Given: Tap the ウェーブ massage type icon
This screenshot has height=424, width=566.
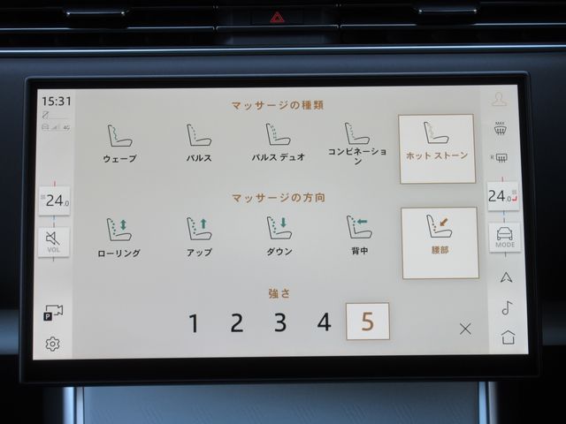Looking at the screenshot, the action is pyautogui.click(x=120, y=136).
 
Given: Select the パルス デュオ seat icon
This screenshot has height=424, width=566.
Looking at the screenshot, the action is pyautogui.click(x=278, y=134).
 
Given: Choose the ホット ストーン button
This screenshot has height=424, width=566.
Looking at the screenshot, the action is pyautogui.click(x=437, y=148).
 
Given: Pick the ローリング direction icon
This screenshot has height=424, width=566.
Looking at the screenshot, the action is pyautogui.click(x=119, y=230).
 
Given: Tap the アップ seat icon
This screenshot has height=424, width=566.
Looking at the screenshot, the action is pyautogui.click(x=199, y=229).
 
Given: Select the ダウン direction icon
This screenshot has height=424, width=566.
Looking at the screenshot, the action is pyautogui.click(x=279, y=228).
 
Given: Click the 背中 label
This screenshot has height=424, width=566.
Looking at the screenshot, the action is pyautogui.click(x=360, y=251).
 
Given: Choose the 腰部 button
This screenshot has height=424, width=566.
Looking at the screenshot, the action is pyautogui.click(x=440, y=243).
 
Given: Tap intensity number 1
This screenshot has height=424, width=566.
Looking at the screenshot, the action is pyautogui.click(x=194, y=323).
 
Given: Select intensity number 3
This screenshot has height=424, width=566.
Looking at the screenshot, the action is pyautogui.click(x=280, y=322).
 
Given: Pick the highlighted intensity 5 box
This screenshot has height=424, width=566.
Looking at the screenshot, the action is pyautogui.click(x=368, y=322).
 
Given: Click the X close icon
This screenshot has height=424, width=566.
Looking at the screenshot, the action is pyautogui.click(x=465, y=329).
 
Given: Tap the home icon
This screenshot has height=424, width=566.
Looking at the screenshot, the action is pyautogui.click(x=509, y=337).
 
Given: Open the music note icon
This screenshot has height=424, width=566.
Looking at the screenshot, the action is pyautogui.click(x=507, y=307).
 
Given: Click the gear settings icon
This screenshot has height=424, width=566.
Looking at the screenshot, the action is pyautogui.click(x=53, y=344).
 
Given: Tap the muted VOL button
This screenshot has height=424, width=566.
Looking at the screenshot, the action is pyautogui.click(x=53, y=242).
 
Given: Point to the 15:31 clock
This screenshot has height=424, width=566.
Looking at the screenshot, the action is pyautogui.click(x=57, y=102).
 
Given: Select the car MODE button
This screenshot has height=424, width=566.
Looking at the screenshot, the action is pyautogui.click(x=505, y=238).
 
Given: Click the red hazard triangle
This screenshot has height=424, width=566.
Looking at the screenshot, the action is pyautogui.click(x=277, y=17).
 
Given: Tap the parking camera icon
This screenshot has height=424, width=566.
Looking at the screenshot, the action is pyautogui.click(x=53, y=313).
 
